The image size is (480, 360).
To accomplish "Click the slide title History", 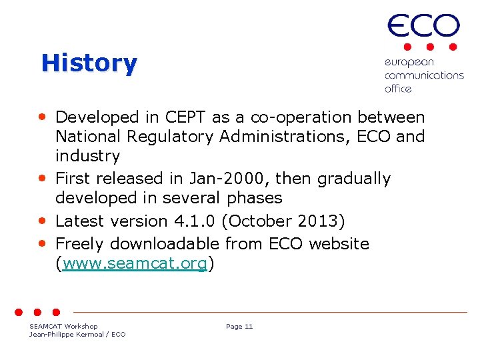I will click(x=89, y=63).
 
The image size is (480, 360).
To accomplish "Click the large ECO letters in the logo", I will click(x=423, y=27).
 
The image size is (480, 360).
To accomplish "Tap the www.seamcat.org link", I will click(x=135, y=264).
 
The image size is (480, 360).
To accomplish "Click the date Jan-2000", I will click(x=235, y=179).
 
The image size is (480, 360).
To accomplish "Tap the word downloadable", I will click(x=165, y=244).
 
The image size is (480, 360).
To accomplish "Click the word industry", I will click(x=87, y=157).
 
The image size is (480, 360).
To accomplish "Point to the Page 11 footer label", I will click(x=239, y=327).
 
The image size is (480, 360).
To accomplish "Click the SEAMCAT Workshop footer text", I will click(x=63, y=326).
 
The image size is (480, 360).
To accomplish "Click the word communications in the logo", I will click(x=423, y=75).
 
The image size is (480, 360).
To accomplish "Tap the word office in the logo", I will click(x=398, y=88).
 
